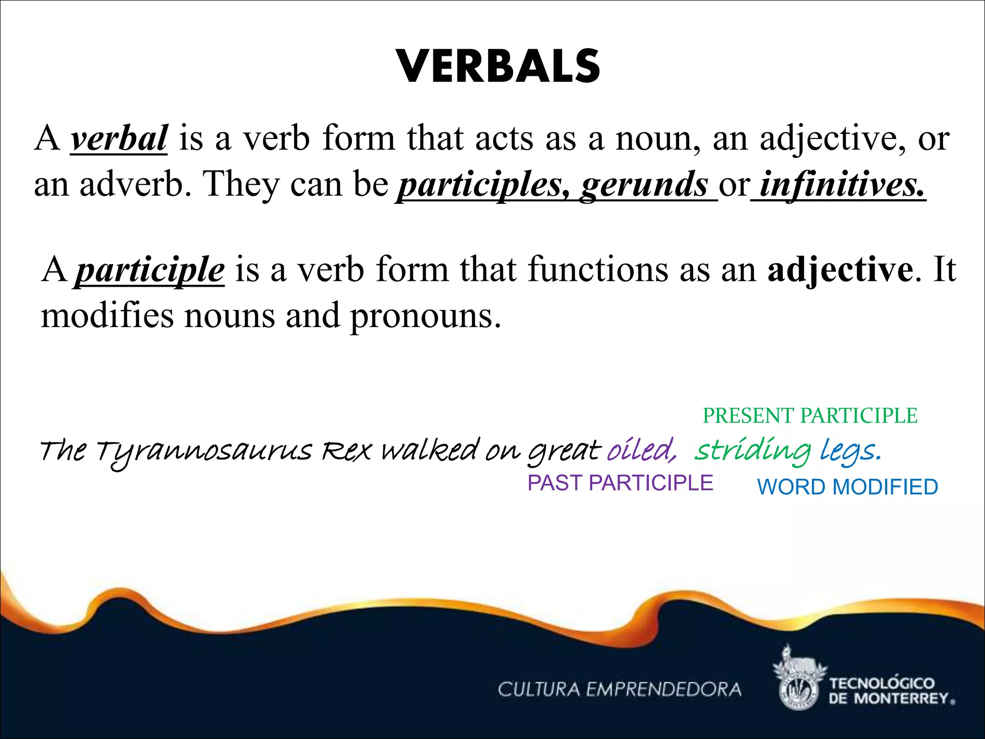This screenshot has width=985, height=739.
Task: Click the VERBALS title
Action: (498, 67)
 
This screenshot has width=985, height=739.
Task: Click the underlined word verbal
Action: (119, 139)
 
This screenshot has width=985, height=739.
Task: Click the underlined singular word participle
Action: (150, 270)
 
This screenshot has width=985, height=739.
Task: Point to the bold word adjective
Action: (840, 269)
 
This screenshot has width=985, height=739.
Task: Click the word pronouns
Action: (425, 316)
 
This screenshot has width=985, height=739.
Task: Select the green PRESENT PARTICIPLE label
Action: (810, 416)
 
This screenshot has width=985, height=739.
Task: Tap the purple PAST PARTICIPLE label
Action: (620, 483)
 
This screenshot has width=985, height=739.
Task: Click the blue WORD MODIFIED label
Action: (847, 487)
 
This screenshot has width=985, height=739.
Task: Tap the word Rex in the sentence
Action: (346, 451)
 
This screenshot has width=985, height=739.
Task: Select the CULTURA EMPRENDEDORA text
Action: (619, 689)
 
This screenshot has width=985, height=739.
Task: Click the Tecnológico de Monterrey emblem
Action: (798, 678)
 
